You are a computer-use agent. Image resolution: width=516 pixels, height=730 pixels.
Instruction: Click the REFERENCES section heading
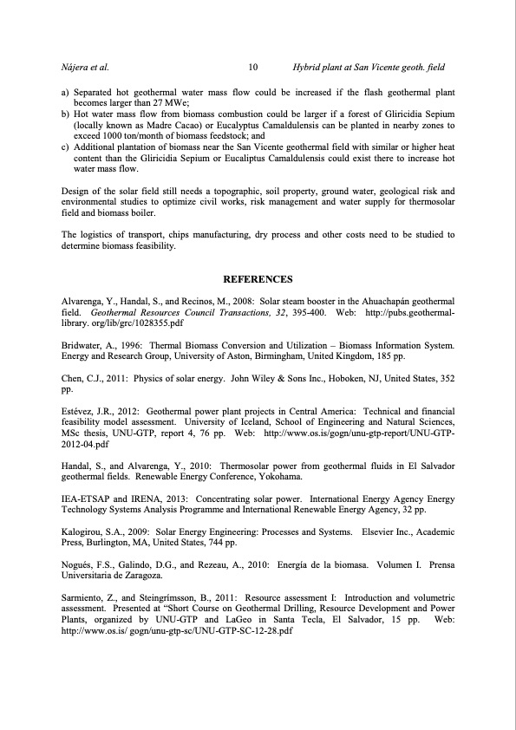pyautogui.click(x=258, y=279)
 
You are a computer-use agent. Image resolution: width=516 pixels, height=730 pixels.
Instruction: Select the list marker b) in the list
pyautogui.click(x=65, y=114)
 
